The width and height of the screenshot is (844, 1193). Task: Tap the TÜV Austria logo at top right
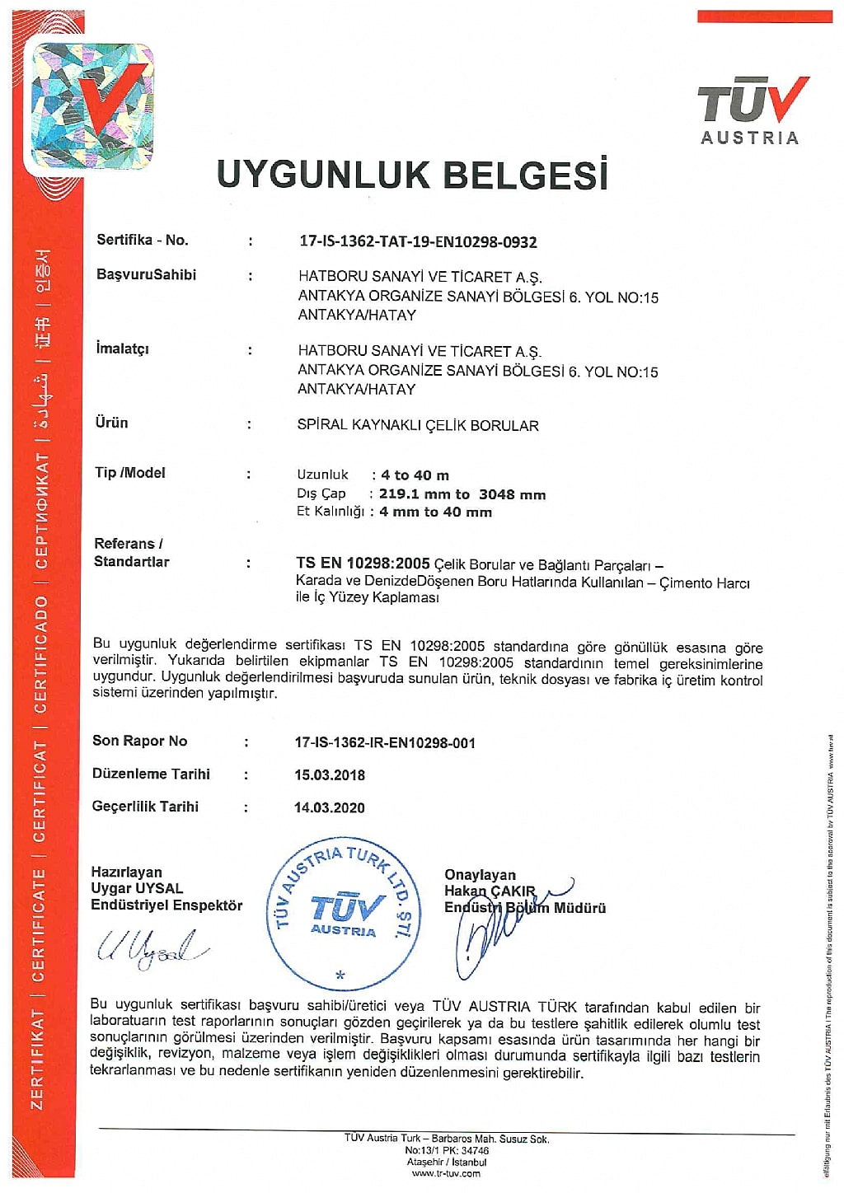point(751,110)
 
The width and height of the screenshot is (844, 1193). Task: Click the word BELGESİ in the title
point(525,174)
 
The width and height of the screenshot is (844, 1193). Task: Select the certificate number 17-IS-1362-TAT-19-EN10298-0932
point(417,241)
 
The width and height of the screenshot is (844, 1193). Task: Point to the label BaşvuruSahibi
point(146,274)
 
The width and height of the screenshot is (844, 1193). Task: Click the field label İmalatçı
point(122,349)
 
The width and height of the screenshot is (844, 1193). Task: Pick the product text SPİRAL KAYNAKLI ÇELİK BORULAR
point(417,425)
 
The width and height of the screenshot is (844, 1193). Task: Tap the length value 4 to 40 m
point(415,475)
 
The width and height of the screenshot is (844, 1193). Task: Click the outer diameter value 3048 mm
point(512,494)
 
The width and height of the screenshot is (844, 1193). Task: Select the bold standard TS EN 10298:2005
point(363,564)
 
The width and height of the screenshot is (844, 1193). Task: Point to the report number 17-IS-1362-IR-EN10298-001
point(385,742)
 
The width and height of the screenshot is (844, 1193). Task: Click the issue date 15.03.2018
point(330,774)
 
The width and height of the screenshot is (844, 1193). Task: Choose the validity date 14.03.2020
point(330,807)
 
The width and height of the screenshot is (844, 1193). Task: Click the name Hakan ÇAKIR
point(490,891)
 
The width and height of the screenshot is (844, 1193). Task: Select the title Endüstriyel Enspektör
point(166,905)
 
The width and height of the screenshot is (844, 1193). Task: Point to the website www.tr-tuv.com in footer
point(446,1173)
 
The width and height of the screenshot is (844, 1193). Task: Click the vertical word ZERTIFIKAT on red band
point(37,1059)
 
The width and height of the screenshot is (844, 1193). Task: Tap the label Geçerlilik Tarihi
point(145,807)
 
